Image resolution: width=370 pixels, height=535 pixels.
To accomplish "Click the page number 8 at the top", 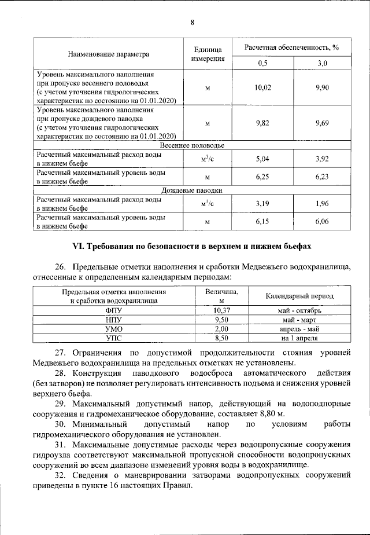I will (192, 23).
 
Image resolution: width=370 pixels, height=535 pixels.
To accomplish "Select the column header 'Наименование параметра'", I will (109, 54).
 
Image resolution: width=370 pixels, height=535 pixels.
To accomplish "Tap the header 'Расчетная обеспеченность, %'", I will (291, 46).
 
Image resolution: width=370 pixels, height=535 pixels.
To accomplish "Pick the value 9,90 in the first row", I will (323, 87).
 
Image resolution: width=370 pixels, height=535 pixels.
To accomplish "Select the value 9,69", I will (323, 123).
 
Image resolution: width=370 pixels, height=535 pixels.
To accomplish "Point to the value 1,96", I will (323, 204).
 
